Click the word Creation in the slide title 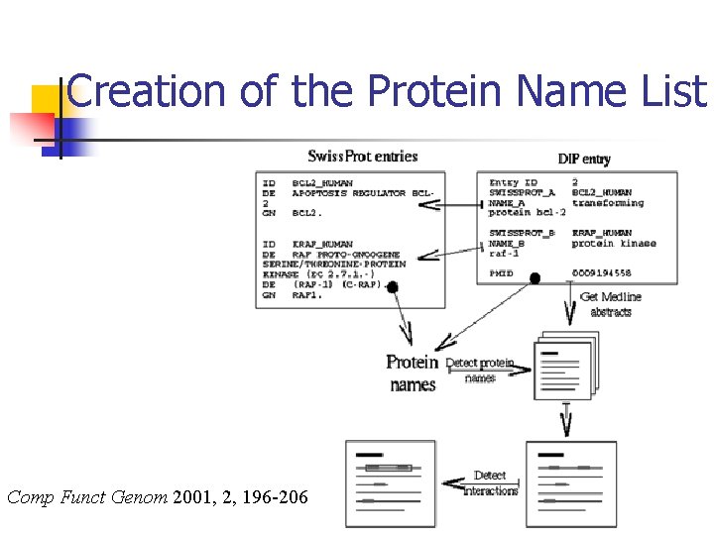tap(148, 92)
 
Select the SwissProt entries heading tap(362, 157)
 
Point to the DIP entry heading tap(584, 159)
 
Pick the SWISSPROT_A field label tap(522, 192)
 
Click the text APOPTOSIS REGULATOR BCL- tap(363, 193)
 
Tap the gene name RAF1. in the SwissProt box tap(307, 294)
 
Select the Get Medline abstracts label tap(610, 304)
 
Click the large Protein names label tap(413, 374)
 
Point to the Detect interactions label tap(491, 483)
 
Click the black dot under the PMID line tap(535, 278)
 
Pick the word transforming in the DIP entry tap(607, 202)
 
